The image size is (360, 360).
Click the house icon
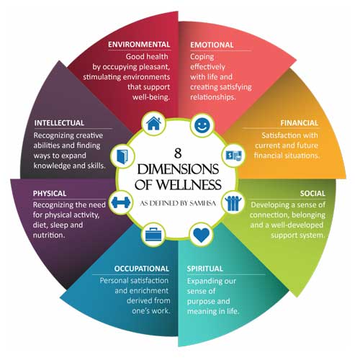[153, 123]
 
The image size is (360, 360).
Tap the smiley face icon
[202, 125]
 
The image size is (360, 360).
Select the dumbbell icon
[121, 202]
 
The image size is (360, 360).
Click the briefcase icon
[154, 234]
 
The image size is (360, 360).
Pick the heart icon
[202, 235]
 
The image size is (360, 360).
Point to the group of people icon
[233, 203]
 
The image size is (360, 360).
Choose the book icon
[122, 157]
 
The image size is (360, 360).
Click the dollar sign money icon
[234, 156]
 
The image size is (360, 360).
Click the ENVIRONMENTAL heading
[139, 45]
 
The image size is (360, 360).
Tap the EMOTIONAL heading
[212, 45]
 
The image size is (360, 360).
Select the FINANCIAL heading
[300, 123]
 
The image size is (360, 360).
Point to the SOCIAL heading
[312, 193]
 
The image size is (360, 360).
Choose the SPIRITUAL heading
[205, 269]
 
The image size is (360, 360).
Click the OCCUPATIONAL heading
[142, 269]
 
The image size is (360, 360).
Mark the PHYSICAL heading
[50, 194]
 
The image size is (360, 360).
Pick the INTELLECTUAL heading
[59, 123]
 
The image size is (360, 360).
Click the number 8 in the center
[178, 153]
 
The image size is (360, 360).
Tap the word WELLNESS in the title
[189, 184]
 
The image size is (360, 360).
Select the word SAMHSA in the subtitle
[203, 204]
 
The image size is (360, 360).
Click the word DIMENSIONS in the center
[178, 169]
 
